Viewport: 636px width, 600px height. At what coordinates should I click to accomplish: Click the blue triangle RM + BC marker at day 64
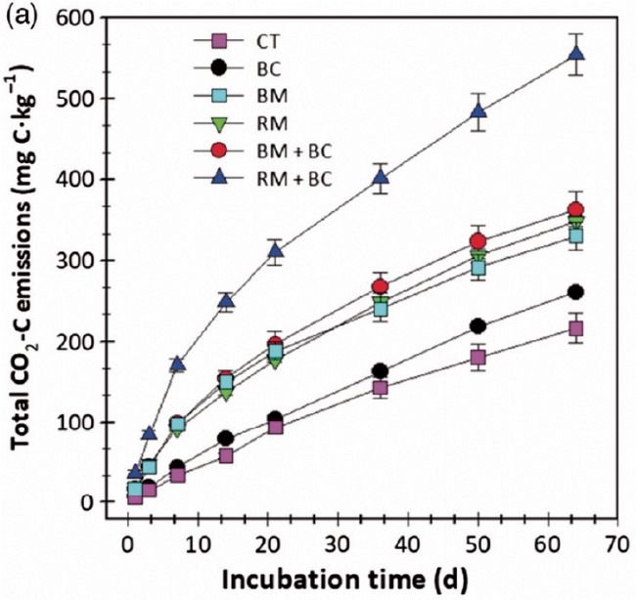(x=576, y=54)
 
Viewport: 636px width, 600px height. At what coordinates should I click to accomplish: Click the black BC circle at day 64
(x=576, y=292)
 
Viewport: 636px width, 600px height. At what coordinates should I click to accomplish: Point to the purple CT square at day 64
(x=576, y=328)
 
